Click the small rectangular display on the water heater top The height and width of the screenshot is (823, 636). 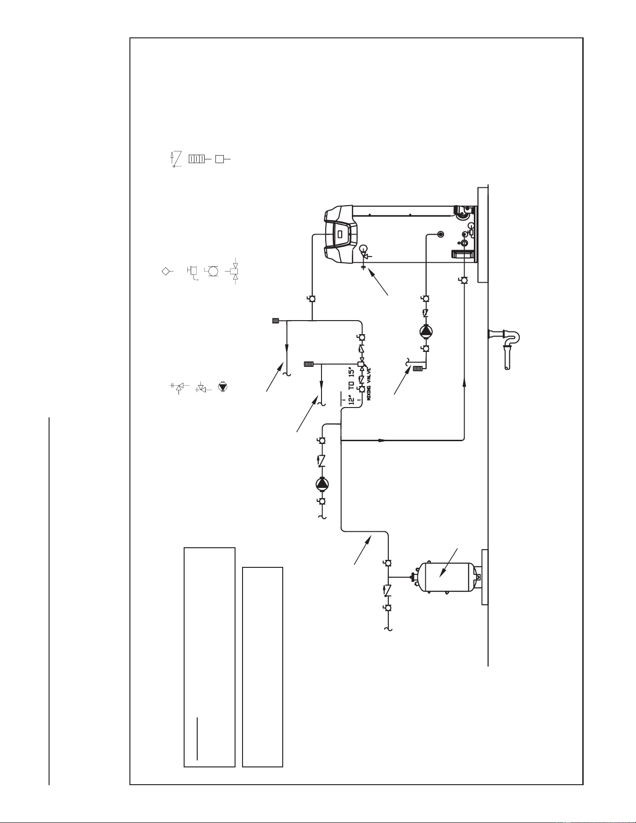[340, 233]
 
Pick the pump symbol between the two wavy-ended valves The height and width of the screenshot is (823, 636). [322, 483]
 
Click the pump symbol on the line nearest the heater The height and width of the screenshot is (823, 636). [426, 331]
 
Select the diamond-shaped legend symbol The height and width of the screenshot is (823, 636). [166, 271]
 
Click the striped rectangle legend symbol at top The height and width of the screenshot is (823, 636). [196, 159]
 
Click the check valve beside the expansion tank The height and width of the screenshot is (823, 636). [387, 591]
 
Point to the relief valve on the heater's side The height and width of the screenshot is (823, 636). [364, 255]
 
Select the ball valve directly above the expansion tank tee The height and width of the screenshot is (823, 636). [387, 563]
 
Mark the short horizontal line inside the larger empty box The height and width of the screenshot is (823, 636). [197, 744]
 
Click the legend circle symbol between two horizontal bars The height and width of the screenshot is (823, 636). [213, 271]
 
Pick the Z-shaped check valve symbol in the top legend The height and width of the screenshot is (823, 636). [174, 159]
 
